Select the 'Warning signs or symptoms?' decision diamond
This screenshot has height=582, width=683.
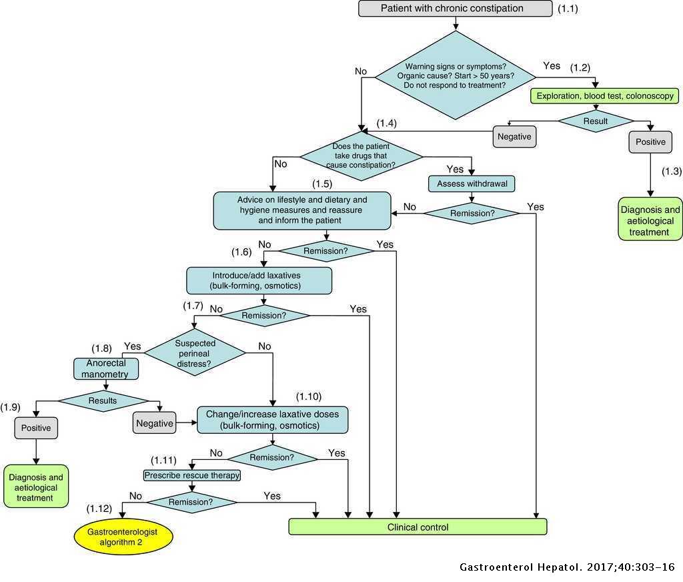click(456, 75)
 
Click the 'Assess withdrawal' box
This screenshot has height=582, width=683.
click(472, 184)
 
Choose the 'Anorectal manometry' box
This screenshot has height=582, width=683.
click(107, 368)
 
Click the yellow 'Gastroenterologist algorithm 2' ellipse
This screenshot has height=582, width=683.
click(122, 537)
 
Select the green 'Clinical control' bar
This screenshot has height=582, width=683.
click(418, 527)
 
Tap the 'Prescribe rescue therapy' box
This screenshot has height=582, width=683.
click(192, 476)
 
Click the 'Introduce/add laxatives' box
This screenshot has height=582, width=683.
click(259, 281)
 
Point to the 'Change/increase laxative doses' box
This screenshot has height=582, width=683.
click(272, 419)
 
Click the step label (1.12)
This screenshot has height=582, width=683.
click(100, 509)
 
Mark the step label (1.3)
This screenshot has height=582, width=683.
click(671, 172)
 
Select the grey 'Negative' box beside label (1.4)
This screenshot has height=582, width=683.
click(514, 137)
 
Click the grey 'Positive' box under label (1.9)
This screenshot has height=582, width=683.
click(35, 428)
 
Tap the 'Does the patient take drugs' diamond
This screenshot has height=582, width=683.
click(361, 156)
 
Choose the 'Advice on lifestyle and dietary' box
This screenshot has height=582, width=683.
click(302, 210)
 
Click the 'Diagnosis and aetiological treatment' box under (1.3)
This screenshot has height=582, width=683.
click(650, 221)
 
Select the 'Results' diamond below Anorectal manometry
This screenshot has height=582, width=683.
click(103, 400)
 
